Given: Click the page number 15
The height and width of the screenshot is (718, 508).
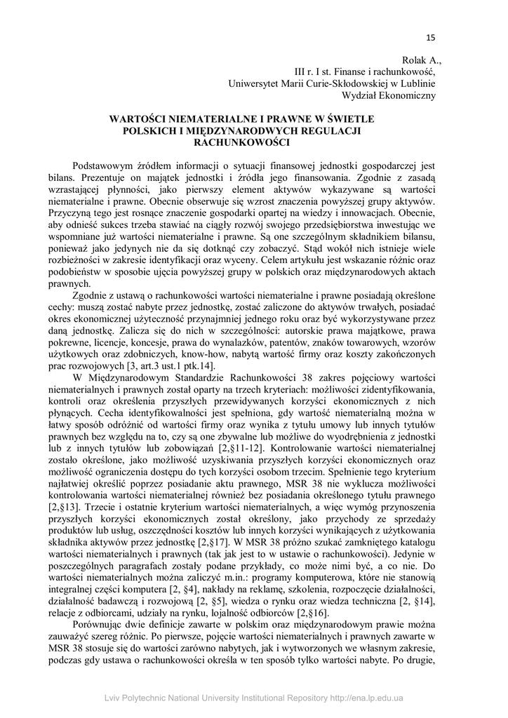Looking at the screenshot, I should point(431,37).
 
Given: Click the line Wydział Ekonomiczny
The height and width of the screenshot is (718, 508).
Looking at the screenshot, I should point(388,95).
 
